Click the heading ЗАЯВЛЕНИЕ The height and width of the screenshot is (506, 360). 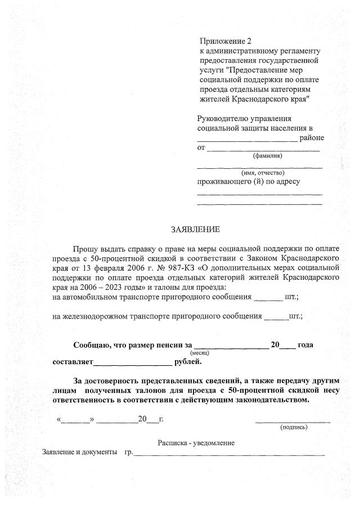point(195,230)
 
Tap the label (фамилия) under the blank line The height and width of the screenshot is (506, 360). point(268,156)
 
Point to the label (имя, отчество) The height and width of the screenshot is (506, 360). point(263,173)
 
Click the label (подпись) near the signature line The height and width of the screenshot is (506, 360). point(294,427)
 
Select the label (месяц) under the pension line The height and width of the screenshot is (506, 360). point(200,352)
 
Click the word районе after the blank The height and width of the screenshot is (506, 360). point(312,138)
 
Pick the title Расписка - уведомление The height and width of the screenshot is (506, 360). point(196,443)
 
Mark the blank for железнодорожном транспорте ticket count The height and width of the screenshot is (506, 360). point(275,317)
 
